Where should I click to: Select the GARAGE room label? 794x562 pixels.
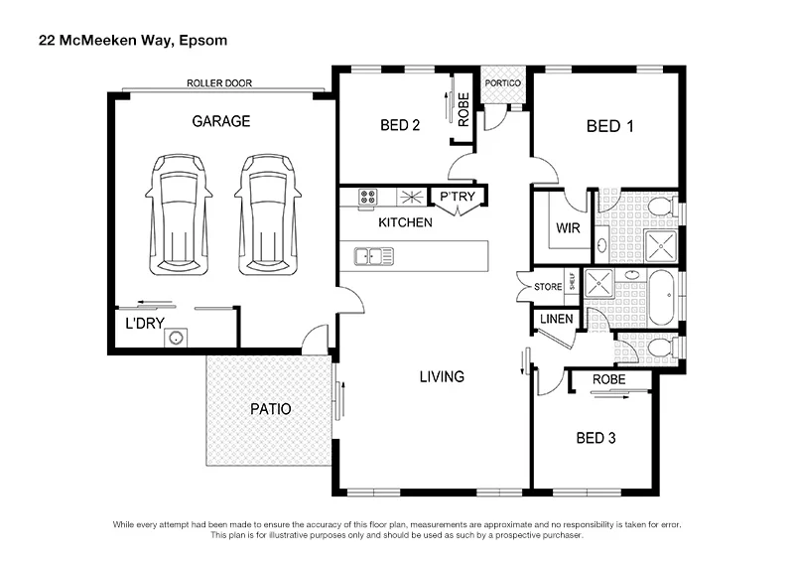pos(220,121)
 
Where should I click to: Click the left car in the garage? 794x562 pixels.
pos(177,212)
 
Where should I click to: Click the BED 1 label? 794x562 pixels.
pos(609,126)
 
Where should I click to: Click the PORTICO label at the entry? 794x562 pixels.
pos(502,82)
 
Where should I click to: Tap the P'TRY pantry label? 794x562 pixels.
pos(458,196)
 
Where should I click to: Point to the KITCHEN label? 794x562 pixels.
pos(404,222)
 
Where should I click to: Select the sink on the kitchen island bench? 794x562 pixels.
pos(374,257)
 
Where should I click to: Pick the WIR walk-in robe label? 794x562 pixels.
pos(567,227)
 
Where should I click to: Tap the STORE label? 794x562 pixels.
pos(548,287)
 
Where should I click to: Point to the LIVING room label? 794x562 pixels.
pos(442,376)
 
